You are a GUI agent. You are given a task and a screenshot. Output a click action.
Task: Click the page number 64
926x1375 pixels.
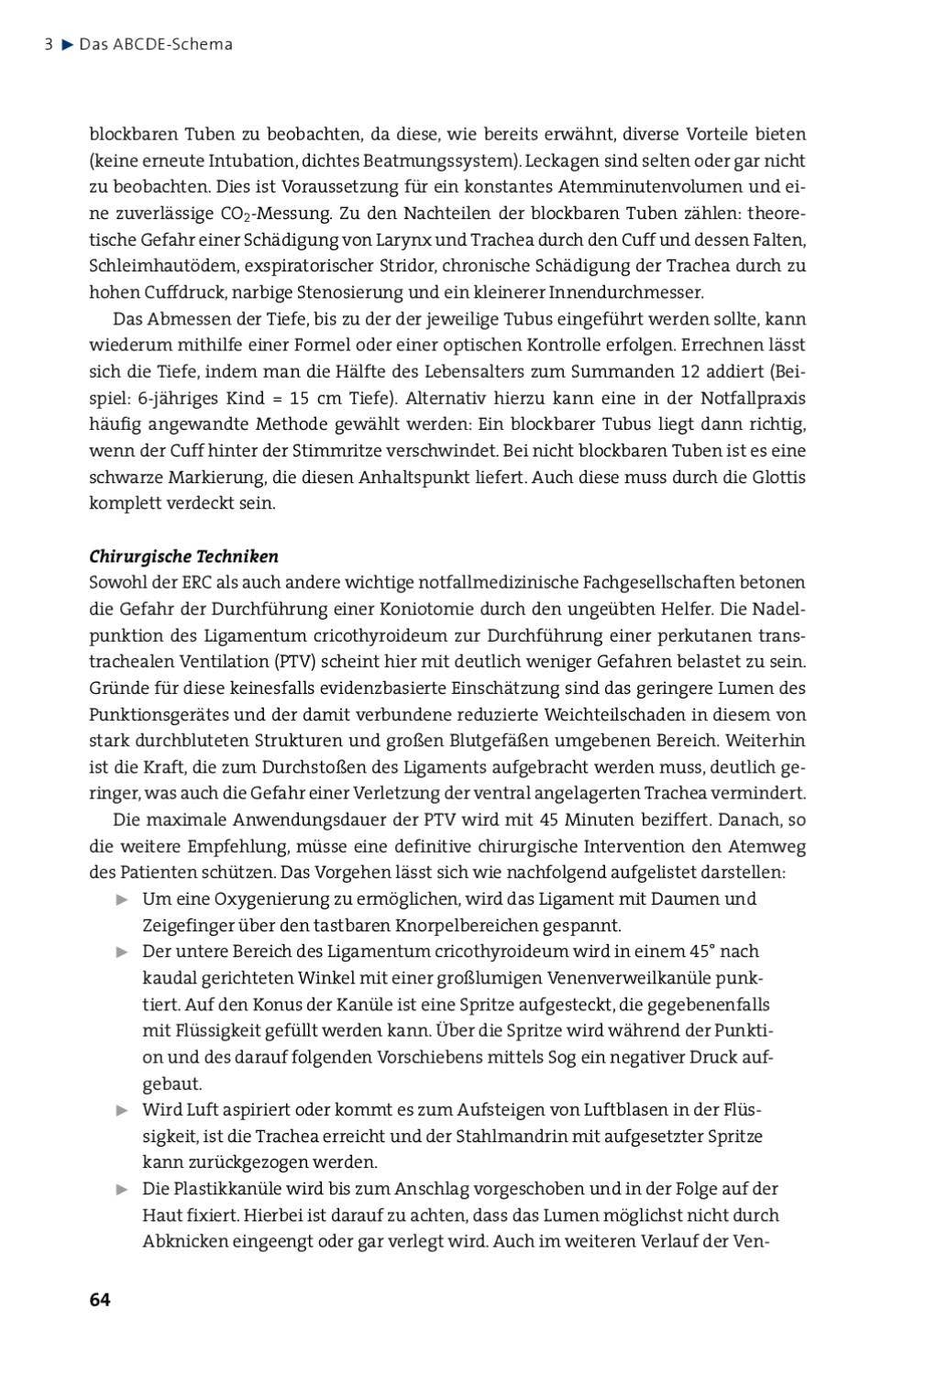pos(99,1300)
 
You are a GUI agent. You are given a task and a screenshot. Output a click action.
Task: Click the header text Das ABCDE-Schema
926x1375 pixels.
pos(156,44)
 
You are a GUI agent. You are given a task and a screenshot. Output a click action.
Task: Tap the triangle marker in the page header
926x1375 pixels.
pos(66,44)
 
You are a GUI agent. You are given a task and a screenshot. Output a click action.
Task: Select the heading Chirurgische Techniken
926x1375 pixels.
pos(183,556)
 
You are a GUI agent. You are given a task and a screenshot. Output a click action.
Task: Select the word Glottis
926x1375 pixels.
pos(778,478)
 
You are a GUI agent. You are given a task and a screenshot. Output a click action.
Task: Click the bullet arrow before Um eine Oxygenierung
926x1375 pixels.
pos(122,899)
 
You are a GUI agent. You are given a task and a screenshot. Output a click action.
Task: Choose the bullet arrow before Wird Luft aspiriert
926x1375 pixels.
pos(122,1110)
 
